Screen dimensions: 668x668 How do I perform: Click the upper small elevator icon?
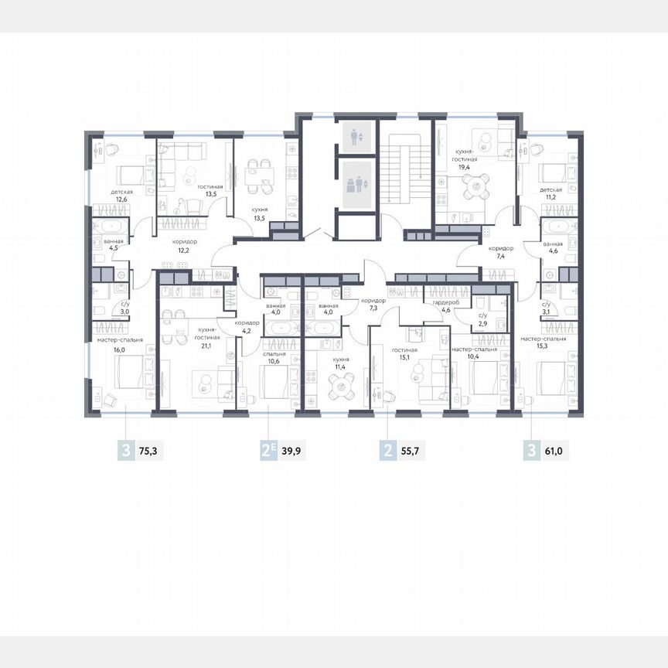coord(356,138)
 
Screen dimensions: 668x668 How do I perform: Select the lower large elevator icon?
coord(356,186)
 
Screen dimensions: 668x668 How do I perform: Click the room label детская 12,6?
coord(121,195)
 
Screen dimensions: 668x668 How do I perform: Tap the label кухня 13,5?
coord(260,214)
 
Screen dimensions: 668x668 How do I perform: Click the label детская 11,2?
coord(550,193)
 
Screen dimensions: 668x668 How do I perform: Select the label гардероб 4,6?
coord(446,307)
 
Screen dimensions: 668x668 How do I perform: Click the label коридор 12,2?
coord(185,247)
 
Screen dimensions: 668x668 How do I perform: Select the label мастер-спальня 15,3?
coord(543,343)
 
